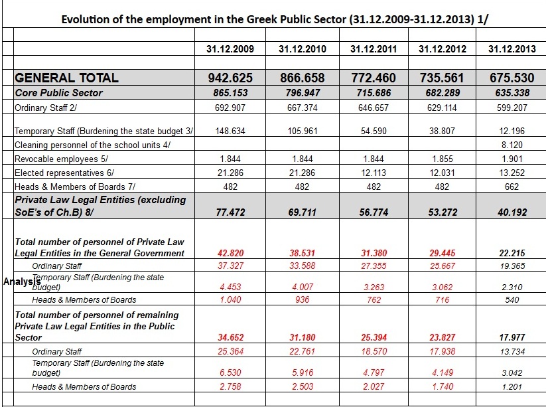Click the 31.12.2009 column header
[x=230, y=49]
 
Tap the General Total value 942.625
[x=230, y=78]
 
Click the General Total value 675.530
[x=512, y=78]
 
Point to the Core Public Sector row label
[x=58, y=93]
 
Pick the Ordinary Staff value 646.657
[x=374, y=107]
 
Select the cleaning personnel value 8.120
[x=512, y=144]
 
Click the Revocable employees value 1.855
[x=443, y=159]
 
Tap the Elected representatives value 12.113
[x=374, y=173]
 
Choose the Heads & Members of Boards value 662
[x=512, y=187]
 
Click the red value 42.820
[x=230, y=253]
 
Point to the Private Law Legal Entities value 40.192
[x=512, y=212]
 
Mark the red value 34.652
[x=230, y=338]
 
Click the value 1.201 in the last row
[x=512, y=387]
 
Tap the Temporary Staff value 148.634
[x=230, y=131]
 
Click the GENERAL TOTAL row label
[x=66, y=78]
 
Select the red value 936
[x=303, y=300]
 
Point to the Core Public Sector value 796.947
[x=303, y=93]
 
